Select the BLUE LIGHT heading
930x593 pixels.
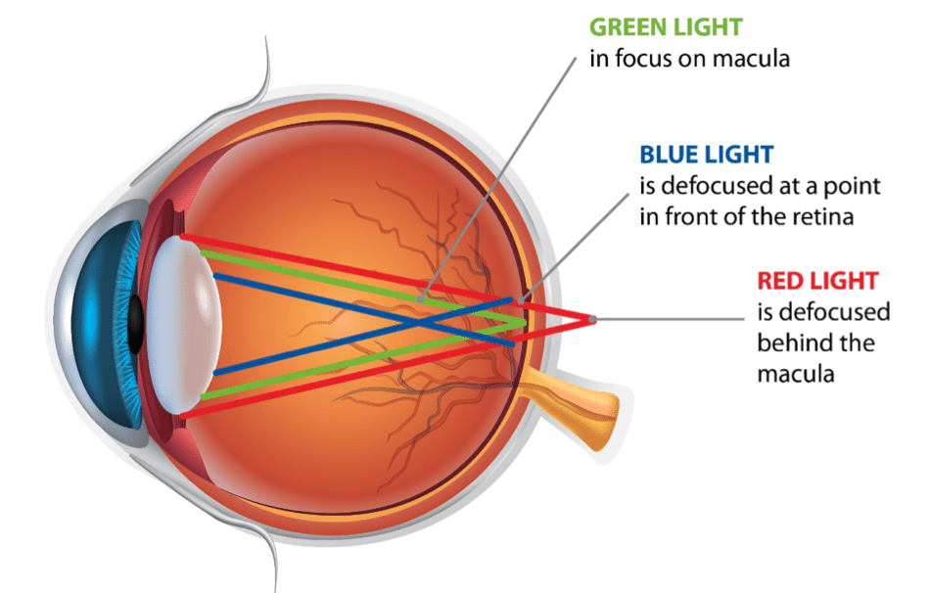[x=706, y=155]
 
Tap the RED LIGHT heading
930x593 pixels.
[x=817, y=281]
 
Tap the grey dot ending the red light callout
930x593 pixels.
[x=593, y=319]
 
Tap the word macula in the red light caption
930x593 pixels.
[x=796, y=375]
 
